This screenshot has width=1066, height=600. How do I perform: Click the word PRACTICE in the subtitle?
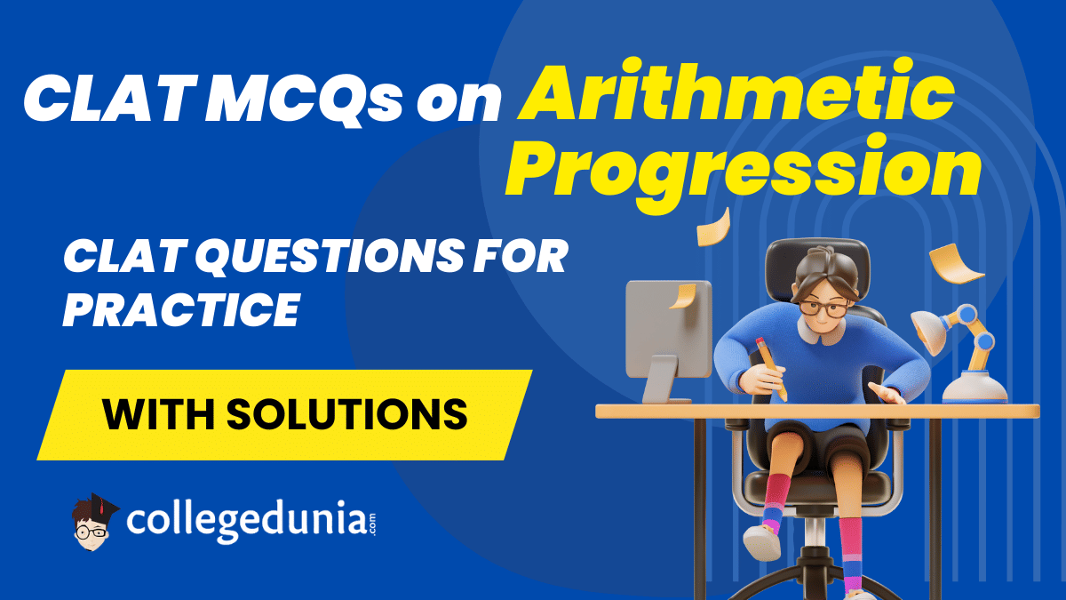181,309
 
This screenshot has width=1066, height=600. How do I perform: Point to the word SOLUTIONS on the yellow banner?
347,414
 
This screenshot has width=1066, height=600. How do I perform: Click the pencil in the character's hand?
771,369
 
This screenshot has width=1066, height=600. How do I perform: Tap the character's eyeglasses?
823,308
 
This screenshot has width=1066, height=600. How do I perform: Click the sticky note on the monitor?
683,295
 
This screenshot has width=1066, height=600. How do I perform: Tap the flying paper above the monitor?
713,228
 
